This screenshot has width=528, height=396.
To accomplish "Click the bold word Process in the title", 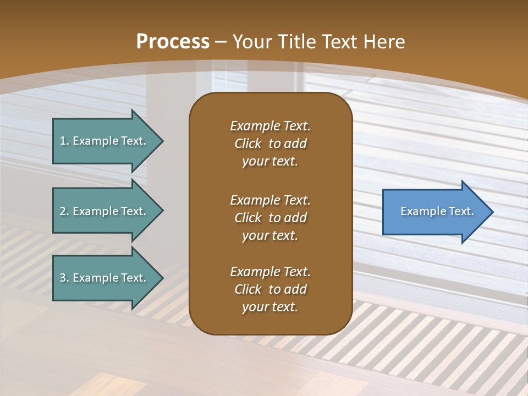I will pyautogui.click(x=173, y=42).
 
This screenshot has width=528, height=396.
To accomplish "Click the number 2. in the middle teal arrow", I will pyautogui.click(x=64, y=211).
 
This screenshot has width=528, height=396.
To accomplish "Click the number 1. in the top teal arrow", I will pyautogui.click(x=64, y=141).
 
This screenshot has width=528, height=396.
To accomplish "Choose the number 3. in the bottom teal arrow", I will pyautogui.click(x=64, y=278).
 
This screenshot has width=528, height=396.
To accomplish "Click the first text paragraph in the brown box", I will pyautogui.click(x=270, y=144).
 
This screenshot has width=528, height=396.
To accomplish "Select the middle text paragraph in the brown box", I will pyautogui.click(x=270, y=218).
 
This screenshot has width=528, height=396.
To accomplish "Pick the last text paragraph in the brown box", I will pyautogui.click(x=270, y=289).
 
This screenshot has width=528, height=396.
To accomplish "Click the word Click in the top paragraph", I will pyautogui.click(x=248, y=144).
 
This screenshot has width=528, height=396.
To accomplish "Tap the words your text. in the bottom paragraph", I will pyautogui.click(x=270, y=307).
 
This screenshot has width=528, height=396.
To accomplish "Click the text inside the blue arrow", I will pyautogui.click(x=437, y=211).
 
